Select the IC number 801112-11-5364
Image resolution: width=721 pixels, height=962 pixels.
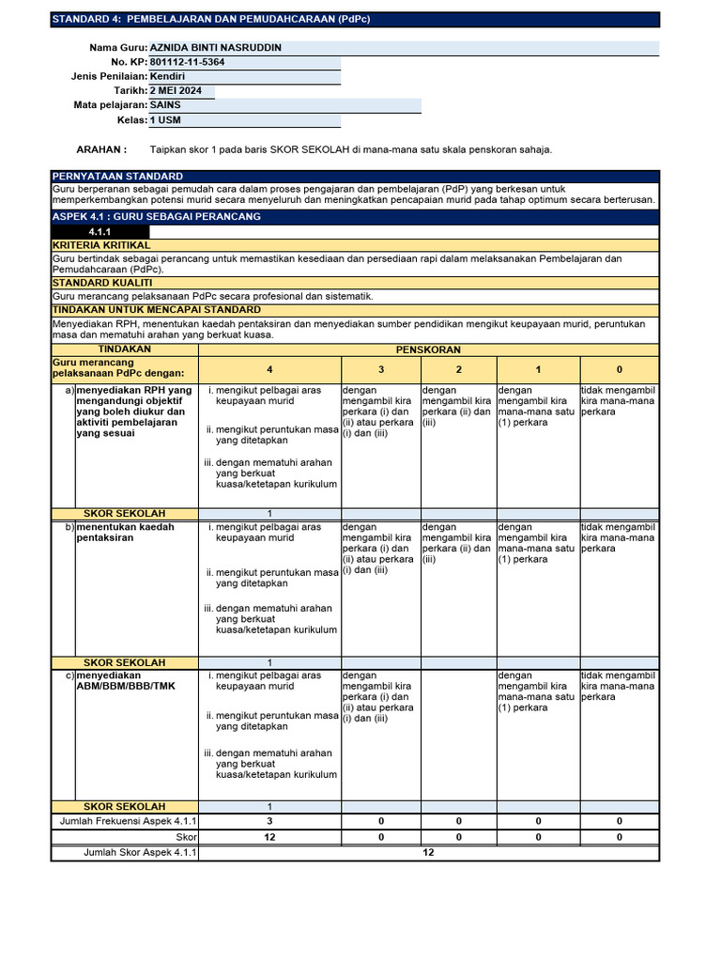pos(187,62)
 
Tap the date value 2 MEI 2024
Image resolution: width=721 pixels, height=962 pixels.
pos(179,91)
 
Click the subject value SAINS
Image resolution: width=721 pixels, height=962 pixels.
pos(165,105)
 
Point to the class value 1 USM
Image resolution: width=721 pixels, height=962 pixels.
pos(167,120)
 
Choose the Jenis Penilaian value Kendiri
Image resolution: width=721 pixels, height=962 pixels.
pos(168,76)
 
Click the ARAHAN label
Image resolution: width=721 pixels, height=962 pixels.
pos(101,149)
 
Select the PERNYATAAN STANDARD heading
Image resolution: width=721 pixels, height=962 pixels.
pos(117,177)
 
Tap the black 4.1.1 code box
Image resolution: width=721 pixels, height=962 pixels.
pos(100,231)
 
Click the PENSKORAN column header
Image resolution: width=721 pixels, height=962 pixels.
pos(428,349)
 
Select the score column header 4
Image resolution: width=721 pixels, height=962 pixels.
pos(269,370)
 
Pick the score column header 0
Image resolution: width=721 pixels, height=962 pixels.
pos(619,370)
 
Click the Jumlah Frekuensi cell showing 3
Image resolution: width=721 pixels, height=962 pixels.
pos(269,821)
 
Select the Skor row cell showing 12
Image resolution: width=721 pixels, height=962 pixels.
pos(269,836)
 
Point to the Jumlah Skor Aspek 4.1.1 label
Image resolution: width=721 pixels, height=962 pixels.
pos(127,852)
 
